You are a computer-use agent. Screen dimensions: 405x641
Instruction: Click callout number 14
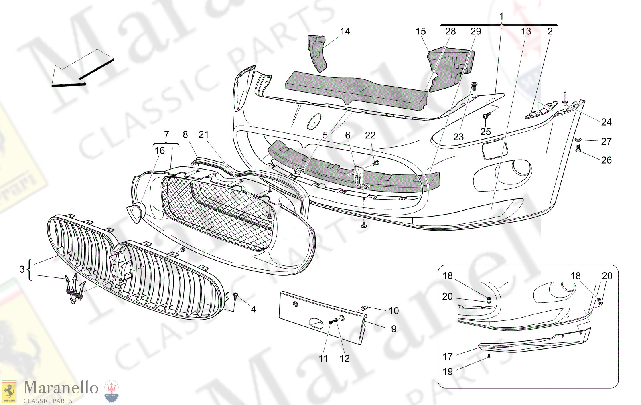click(x=345, y=32)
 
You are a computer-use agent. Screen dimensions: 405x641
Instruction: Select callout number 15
click(x=420, y=32)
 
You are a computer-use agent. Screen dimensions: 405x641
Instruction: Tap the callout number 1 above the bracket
click(x=501, y=16)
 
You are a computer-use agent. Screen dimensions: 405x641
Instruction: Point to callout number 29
click(x=476, y=32)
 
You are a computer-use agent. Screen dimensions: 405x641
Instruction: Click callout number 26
click(x=606, y=160)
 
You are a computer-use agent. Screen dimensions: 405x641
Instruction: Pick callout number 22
click(x=370, y=136)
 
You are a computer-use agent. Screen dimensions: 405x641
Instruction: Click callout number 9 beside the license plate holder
click(x=394, y=329)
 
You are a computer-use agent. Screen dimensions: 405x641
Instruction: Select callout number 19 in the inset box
click(x=448, y=372)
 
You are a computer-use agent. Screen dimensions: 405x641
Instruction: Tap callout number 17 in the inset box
click(x=448, y=356)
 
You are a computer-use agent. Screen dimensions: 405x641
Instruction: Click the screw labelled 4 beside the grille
click(x=235, y=297)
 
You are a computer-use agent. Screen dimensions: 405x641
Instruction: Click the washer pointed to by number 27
click(x=578, y=140)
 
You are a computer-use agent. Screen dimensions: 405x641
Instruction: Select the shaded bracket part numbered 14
click(x=318, y=52)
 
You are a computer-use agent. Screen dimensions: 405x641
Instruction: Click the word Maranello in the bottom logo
click(x=61, y=388)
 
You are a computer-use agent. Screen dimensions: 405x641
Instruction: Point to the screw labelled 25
click(x=487, y=116)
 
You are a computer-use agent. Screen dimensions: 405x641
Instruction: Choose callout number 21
click(x=203, y=135)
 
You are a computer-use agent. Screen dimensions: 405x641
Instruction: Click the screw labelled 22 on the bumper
click(x=376, y=163)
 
